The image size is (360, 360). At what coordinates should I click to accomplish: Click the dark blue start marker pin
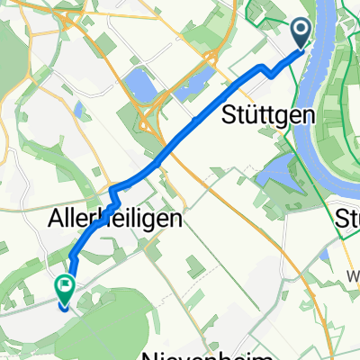301,34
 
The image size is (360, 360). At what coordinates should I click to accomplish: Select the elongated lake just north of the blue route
191,86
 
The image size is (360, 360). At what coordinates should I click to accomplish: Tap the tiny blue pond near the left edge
79,111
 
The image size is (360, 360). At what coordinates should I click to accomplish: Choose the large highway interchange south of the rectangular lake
148,112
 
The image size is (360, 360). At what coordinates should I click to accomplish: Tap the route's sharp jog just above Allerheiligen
114,192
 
